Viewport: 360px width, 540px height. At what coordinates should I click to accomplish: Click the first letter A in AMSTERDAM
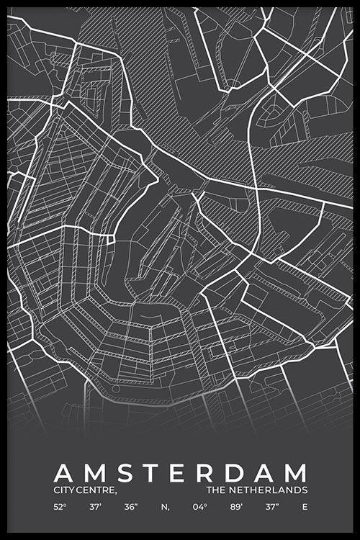(63, 473)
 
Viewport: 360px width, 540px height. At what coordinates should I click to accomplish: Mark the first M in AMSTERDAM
(95, 473)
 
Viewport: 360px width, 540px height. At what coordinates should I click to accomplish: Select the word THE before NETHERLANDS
(216, 490)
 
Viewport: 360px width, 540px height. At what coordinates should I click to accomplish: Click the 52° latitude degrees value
(59, 507)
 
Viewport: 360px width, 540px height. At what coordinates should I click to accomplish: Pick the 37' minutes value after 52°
(96, 507)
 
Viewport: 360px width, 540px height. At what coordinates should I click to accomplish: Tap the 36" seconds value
(130, 507)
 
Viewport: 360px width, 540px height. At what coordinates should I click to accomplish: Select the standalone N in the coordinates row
(165, 507)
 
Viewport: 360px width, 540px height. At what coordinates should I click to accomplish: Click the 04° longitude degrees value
(200, 507)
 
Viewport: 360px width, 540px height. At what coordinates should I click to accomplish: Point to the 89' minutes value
(235, 507)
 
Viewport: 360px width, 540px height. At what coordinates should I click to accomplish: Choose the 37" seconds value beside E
(270, 507)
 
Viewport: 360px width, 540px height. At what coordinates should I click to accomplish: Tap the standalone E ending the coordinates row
(305, 507)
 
